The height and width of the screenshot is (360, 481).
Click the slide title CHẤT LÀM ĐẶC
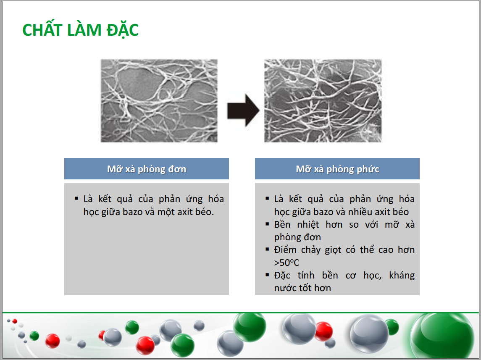(x=80, y=30)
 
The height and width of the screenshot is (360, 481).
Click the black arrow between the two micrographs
(x=243, y=110)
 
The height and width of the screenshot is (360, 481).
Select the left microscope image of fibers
(x=159, y=101)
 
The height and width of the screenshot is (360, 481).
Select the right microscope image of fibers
(x=323, y=101)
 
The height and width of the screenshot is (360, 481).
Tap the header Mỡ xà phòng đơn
(x=147, y=169)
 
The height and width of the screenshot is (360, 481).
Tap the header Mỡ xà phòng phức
(x=337, y=169)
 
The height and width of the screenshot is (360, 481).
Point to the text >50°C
(x=286, y=263)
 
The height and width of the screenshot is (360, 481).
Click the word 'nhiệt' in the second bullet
(x=308, y=225)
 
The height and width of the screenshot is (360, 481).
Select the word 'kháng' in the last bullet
(x=402, y=276)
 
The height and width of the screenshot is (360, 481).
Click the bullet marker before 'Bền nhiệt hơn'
(x=267, y=224)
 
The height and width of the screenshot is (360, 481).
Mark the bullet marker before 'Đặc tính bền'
(x=267, y=275)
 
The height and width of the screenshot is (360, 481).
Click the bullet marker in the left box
(x=76, y=199)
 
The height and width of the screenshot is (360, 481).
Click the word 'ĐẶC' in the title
(x=123, y=30)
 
